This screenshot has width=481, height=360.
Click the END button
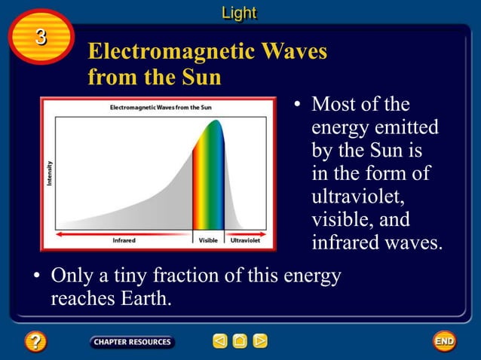tap(444, 341)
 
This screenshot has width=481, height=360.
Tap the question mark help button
tap(35, 342)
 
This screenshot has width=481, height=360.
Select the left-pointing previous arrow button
tap(219, 341)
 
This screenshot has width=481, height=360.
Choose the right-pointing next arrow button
tap(260, 341)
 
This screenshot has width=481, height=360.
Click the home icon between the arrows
tap(240, 341)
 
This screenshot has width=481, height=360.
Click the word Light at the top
tap(239, 13)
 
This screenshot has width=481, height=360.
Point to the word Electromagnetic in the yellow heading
tap(170, 52)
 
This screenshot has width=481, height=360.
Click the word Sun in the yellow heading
tap(200, 77)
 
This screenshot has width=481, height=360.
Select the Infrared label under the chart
tap(124, 241)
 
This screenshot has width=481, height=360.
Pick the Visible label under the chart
tap(208, 241)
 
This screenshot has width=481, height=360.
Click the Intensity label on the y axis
tap(50, 176)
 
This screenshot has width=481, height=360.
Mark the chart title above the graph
tap(161, 108)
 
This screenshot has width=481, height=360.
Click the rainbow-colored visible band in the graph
tap(208, 181)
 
